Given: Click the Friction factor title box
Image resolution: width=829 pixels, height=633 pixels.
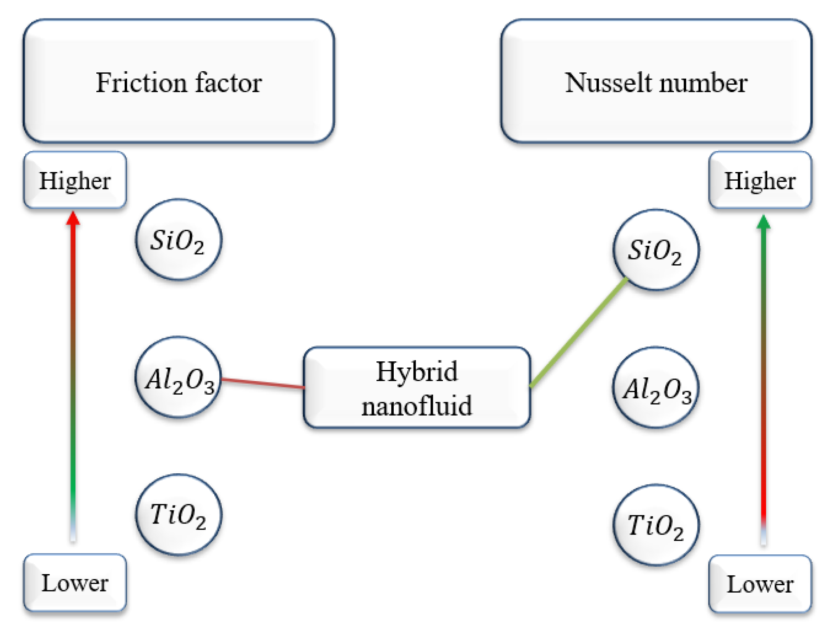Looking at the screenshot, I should tap(179, 81).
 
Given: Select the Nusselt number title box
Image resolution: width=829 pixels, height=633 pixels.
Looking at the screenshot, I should tap(656, 81).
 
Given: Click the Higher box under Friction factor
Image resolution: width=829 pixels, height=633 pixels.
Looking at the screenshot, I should tap(75, 180).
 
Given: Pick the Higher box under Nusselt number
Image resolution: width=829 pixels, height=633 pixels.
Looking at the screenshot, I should tap(760, 180).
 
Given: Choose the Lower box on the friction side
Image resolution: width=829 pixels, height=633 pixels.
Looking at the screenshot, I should tap(75, 583).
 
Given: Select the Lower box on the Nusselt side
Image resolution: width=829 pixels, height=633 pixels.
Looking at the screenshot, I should tap(760, 584).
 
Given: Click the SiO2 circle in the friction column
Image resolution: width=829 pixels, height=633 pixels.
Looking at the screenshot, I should tap(179, 240).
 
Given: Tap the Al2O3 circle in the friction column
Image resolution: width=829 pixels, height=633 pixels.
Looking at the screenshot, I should tap(179, 377).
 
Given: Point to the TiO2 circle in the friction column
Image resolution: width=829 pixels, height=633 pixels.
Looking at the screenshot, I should tap(179, 514).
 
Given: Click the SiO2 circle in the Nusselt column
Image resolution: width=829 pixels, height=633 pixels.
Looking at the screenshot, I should tap(656, 250).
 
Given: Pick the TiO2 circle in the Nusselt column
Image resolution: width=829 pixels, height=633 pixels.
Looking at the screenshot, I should tap(656, 525).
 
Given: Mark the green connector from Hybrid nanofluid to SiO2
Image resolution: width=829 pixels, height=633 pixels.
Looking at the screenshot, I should tap(578, 333).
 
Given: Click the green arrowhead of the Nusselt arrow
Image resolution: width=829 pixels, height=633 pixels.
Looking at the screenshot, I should tap(764, 222).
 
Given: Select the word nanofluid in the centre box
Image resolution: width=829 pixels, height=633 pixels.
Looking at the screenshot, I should tap(417, 406).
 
